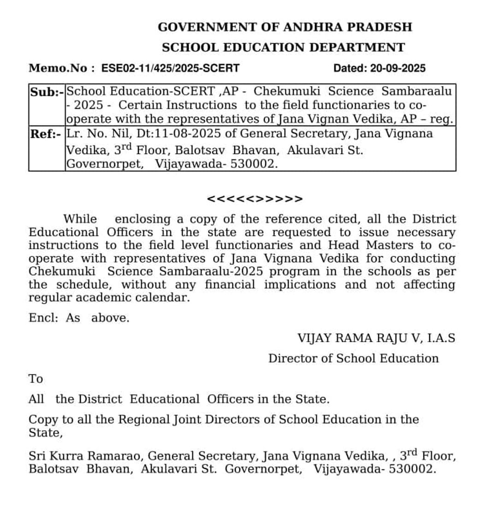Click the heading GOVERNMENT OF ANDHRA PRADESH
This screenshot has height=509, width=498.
pyautogui.click(x=285, y=27)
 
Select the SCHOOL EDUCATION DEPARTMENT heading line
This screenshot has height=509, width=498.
pyautogui.click(x=283, y=47)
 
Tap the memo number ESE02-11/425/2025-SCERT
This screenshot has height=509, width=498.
pyautogui.click(x=170, y=69)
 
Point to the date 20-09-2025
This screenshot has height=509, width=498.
pyautogui.click(x=398, y=69)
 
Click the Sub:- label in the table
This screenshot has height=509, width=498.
pyautogui.click(x=47, y=91)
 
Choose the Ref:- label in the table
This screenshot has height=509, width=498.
pyautogui.click(x=46, y=134)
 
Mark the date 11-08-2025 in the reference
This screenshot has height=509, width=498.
pyautogui.click(x=197, y=134)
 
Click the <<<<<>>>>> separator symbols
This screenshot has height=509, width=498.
pyautogui.click(x=255, y=199)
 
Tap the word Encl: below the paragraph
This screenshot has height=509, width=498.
pyautogui.click(x=43, y=318)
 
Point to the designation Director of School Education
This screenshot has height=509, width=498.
pyautogui.click(x=353, y=358)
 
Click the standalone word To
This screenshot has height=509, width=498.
pyautogui.click(x=36, y=379)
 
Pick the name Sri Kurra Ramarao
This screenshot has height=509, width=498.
pyautogui.click(x=86, y=456)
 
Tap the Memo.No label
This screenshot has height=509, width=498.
pyautogui.click(x=58, y=69)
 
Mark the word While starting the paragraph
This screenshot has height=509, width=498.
pyautogui.click(x=80, y=219)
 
